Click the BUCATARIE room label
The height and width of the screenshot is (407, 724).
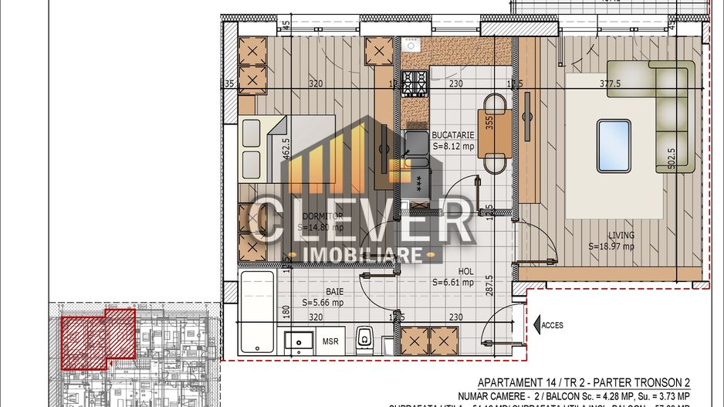452,134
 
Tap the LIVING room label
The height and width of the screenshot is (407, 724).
621,236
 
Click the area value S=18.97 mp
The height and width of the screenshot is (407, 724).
611,247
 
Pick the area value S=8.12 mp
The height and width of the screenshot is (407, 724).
453,146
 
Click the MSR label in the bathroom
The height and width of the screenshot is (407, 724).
330,341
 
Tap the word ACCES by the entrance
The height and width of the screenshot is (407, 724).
552,325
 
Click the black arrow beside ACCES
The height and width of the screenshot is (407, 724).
536,325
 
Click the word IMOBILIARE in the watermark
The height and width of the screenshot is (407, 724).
364,255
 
